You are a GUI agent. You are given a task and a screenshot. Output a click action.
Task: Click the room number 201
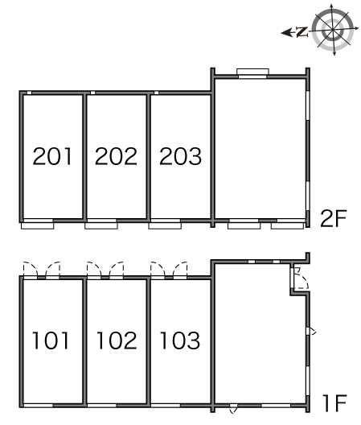(52, 156)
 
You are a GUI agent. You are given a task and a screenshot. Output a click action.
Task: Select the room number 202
(116, 156)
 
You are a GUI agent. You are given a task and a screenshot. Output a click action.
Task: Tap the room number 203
(180, 156)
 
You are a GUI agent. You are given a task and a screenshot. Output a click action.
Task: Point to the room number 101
(51, 340)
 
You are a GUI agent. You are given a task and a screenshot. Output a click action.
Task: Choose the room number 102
(117, 340)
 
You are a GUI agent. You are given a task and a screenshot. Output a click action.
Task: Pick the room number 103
(180, 340)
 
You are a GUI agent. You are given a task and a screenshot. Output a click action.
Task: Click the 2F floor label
(334, 218)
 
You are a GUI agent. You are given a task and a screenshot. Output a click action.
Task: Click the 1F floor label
(334, 403)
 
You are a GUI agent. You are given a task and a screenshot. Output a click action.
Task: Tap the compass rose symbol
(333, 30)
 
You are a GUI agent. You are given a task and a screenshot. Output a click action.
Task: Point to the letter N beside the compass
(302, 32)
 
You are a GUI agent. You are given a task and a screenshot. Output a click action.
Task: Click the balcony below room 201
(37, 225)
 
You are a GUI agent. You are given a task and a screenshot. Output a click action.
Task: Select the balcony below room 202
(101, 225)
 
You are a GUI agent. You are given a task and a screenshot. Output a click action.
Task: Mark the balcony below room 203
(165, 225)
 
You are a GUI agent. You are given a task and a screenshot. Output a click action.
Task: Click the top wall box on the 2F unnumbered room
(252, 72)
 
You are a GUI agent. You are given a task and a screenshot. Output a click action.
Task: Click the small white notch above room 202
(92, 93)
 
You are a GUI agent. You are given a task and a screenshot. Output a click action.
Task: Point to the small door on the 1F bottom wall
(233, 409)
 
